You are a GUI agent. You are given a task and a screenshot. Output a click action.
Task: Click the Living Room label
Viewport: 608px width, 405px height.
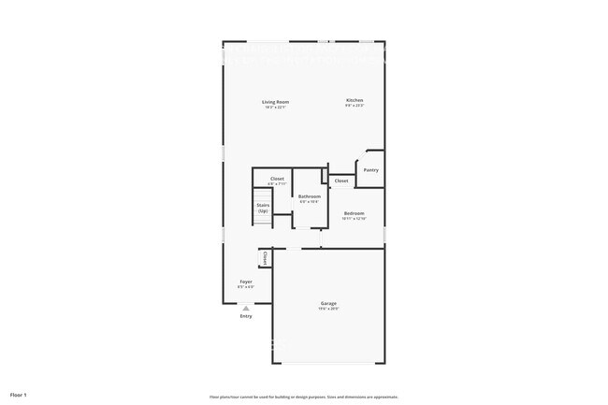click(x=275, y=101)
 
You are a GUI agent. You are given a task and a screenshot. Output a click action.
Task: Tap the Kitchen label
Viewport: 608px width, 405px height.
click(x=355, y=100)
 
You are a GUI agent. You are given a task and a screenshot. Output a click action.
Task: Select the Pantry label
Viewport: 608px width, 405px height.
click(x=371, y=169)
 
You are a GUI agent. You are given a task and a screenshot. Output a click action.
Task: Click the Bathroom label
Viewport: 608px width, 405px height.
click(x=310, y=196)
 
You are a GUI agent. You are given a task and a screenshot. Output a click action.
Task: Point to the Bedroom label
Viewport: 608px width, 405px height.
click(x=354, y=213)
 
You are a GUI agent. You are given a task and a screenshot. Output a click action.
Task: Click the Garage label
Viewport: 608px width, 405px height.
click(x=329, y=303)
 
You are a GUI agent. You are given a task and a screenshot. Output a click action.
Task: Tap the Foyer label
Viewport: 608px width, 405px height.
click(x=246, y=281)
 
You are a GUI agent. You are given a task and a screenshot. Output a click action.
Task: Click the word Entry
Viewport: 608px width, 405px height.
click(x=246, y=316)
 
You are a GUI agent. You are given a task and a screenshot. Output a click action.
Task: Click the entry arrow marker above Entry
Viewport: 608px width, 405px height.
click(x=246, y=307)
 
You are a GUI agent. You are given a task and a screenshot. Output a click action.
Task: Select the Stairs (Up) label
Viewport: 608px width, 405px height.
click(x=264, y=210)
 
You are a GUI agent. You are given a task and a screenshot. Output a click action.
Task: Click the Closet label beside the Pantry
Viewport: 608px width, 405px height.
click(x=341, y=181)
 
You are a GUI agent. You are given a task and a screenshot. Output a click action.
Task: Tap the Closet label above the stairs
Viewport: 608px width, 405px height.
click(x=277, y=178)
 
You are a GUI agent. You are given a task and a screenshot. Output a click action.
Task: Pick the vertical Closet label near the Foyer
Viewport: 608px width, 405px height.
click(x=265, y=257)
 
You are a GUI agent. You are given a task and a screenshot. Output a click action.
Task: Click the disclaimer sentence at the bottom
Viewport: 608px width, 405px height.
click(x=305, y=396)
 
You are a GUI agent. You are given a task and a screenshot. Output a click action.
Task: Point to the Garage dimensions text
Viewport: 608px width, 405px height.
click(x=329, y=309)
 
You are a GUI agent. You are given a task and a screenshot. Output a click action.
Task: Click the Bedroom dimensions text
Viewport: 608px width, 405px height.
click(x=354, y=219)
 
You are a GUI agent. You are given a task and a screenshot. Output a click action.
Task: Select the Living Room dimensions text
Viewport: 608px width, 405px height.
click(x=275, y=107)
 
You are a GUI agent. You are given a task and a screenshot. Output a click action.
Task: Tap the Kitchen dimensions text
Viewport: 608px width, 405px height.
click(x=355, y=106)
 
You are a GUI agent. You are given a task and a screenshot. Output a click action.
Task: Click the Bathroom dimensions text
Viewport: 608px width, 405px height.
click(x=310, y=202)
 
